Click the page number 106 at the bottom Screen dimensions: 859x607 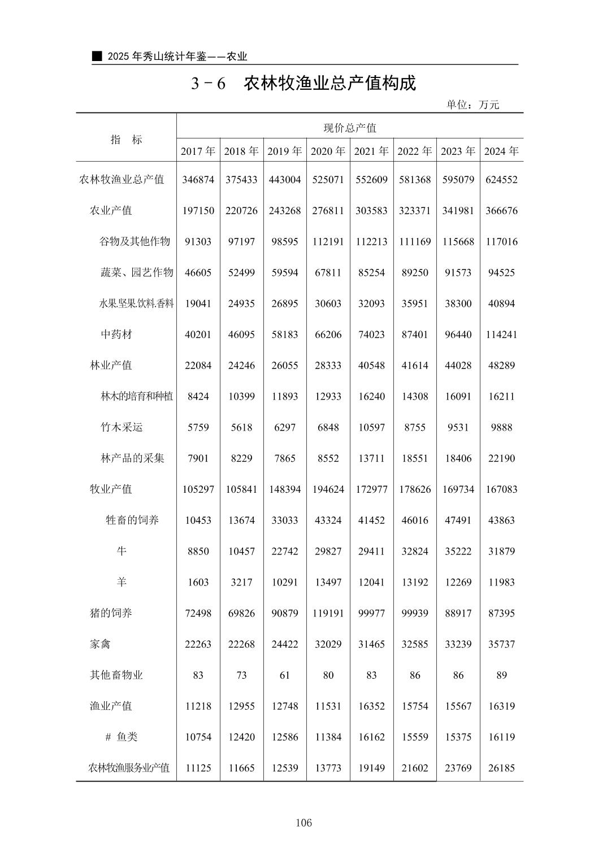pos(303,823)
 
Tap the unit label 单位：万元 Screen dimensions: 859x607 pos(472,105)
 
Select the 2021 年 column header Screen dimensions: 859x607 pos(371,151)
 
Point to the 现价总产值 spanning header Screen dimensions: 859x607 pos(350,128)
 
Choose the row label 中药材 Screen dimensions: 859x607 pos(116,335)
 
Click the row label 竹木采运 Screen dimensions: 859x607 pos(122,427)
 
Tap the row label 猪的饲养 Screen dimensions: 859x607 pos(111,613)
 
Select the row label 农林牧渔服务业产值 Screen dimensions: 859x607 pos(129,768)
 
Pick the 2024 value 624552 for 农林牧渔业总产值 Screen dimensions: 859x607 pos(501,180)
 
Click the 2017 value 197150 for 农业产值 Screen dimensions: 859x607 pos(198,211)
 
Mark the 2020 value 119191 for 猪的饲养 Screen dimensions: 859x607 pos(328,613)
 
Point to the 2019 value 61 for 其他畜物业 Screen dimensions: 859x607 pos(285,675)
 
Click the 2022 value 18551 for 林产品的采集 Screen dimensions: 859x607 pos(415,458)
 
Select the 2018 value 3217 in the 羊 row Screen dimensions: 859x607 pos(241,582)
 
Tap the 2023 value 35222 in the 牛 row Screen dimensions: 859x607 pos(458,551)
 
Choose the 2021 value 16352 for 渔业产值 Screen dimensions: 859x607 pos(371,706)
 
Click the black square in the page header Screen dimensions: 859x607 pos(98,56)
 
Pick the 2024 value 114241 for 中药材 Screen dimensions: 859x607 pos(501,335)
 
